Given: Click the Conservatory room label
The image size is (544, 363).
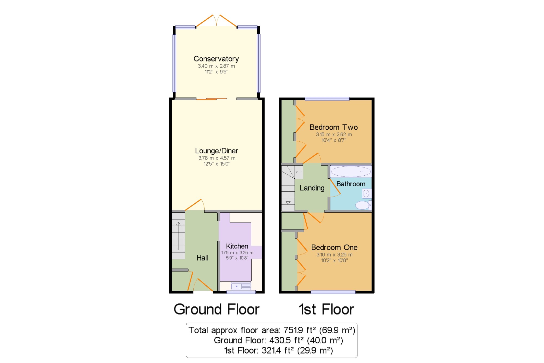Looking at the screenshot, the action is click(216, 59).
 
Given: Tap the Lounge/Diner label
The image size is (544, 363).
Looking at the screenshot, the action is click(217, 151).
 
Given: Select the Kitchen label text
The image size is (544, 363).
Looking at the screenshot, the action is click(237, 246).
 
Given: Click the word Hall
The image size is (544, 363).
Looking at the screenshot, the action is click(202, 258).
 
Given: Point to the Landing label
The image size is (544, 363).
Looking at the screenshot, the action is click(312, 188).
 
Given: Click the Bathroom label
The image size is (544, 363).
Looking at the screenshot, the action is click(351, 184).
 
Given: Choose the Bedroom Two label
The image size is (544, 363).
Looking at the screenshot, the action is click(334, 127).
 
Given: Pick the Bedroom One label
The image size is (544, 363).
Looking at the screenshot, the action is click(334, 247).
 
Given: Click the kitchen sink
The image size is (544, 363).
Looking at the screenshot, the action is click(241, 286).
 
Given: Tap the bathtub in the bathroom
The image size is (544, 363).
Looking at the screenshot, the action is click(351, 172).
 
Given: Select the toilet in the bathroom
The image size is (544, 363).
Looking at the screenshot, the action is click(363, 205).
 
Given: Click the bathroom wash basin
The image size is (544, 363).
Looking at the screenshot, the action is click(367, 194).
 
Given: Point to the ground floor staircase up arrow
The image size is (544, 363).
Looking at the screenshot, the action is click(178, 236).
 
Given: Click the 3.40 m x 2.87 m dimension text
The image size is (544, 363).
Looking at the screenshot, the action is click(216, 66).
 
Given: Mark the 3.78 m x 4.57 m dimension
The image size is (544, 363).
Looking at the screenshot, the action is click(217, 158).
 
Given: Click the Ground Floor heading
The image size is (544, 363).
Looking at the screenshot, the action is click(217, 309).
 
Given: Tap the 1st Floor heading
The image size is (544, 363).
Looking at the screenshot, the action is click(326, 309).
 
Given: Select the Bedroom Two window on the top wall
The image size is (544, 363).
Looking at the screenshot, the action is click(327, 99).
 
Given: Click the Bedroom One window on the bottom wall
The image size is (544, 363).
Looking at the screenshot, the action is click(333, 292).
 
